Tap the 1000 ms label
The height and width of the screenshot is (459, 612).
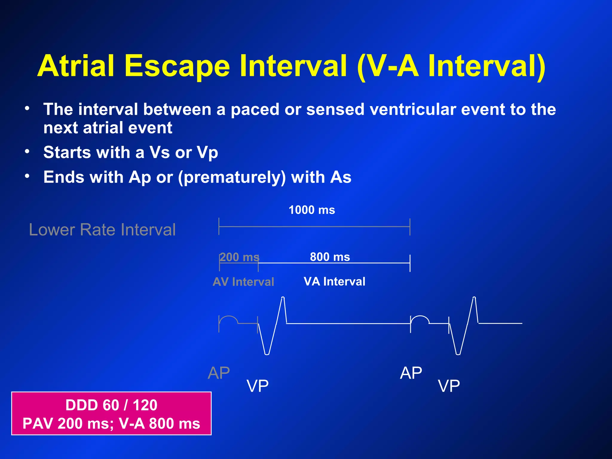click(312, 210)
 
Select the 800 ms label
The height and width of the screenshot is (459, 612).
click(330, 257)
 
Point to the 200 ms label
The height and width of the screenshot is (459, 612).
click(239, 257)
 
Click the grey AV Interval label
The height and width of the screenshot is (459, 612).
click(243, 282)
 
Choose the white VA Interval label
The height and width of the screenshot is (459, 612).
click(334, 281)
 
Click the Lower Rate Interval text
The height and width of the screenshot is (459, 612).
click(102, 230)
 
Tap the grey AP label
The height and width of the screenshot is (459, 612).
click(219, 373)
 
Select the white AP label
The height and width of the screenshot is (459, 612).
click(411, 373)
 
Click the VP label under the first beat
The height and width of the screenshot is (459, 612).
click(257, 386)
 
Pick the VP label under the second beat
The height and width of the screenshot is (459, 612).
click(449, 386)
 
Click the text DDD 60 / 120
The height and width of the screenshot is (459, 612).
click(111, 405)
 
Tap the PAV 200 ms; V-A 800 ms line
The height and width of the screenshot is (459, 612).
click(111, 424)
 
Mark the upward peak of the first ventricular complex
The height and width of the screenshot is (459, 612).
click(283, 298)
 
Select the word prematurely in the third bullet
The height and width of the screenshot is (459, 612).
click(232, 177)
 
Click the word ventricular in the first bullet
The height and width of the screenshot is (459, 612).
click(413, 109)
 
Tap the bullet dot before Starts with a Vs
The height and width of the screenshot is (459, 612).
click(27, 152)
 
